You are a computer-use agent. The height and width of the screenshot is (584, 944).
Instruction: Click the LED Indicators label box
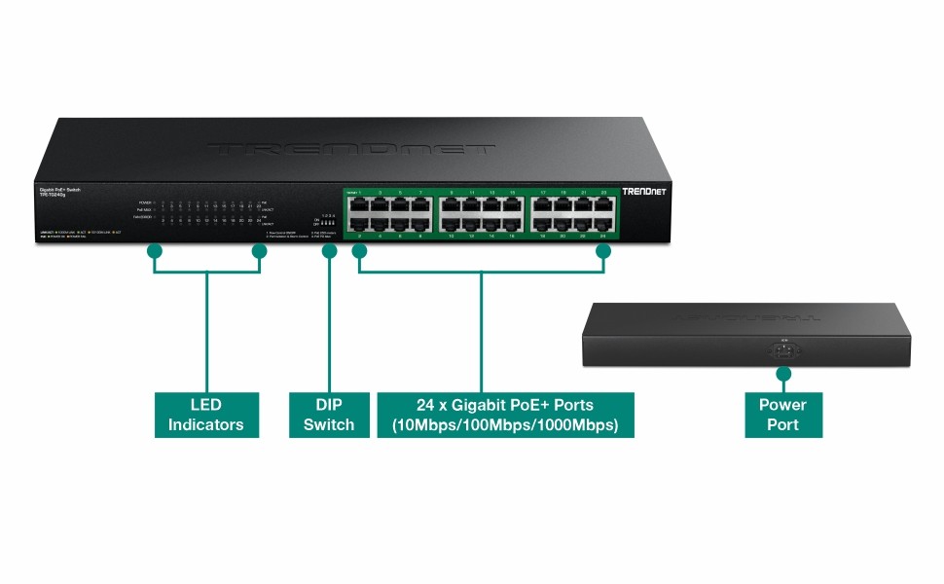pyautogui.click(x=206, y=414)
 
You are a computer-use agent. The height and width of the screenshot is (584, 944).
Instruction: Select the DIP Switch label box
pyautogui.click(x=329, y=414)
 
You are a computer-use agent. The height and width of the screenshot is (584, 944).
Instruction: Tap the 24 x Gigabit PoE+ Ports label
pyautogui.click(x=505, y=414)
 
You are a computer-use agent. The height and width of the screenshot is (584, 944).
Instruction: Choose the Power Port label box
pyautogui.click(x=782, y=414)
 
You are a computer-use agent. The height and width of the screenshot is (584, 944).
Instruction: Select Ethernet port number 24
pyautogui.click(x=603, y=224)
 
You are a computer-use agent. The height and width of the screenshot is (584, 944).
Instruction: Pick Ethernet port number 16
pyautogui.click(x=512, y=224)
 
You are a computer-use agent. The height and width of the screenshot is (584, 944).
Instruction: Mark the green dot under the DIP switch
pyautogui.click(x=329, y=251)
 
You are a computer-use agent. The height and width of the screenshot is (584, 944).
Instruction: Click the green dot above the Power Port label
pyautogui.click(x=782, y=374)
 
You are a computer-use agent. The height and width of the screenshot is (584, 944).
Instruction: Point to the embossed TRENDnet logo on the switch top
pyautogui.click(x=350, y=150)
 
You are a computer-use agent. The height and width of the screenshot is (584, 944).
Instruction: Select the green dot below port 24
pyautogui.click(x=602, y=251)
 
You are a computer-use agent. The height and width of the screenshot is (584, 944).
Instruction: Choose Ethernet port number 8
pyautogui.click(x=420, y=224)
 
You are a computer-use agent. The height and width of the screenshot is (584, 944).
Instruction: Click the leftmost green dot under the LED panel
pyautogui.click(x=153, y=251)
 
